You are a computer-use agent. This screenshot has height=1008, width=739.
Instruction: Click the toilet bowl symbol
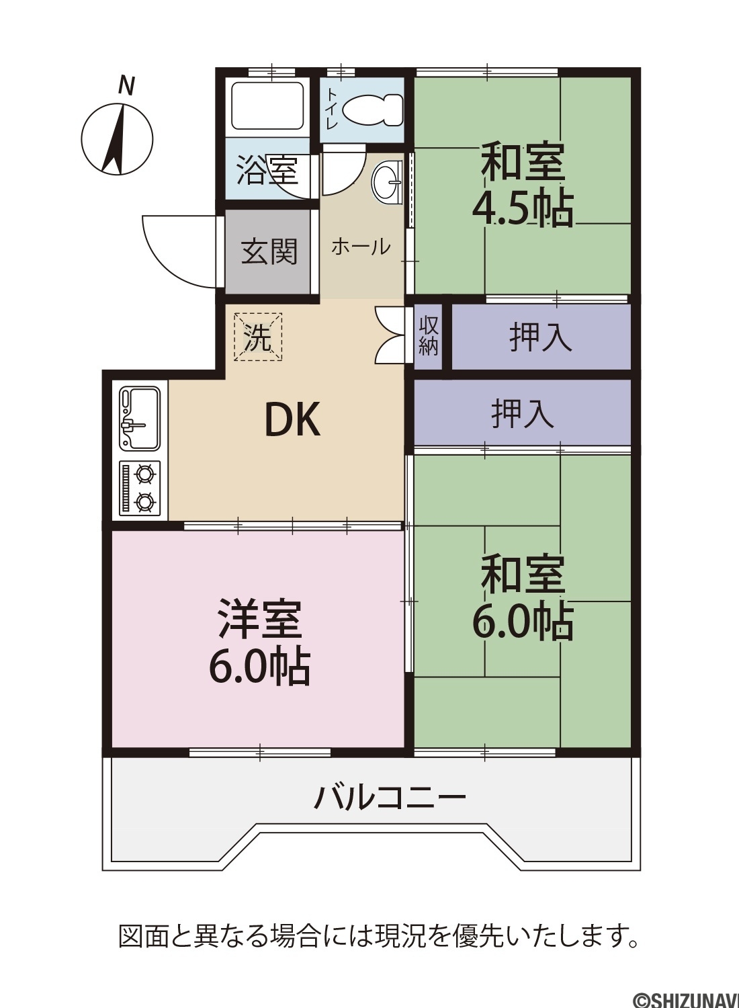(x=372, y=110)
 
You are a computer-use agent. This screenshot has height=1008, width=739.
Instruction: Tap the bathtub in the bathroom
(x=269, y=106)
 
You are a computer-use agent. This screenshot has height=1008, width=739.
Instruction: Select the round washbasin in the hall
(x=386, y=183)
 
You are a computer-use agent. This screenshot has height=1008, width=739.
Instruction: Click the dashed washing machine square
(x=258, y=337)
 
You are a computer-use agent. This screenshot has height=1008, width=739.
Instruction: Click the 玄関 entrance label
(x=269, y=251)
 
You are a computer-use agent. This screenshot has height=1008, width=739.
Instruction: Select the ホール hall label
(x=361, y=247)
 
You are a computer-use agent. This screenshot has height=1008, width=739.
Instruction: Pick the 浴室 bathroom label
(x=267, y=170)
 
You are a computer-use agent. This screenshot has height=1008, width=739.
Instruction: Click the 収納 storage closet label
(x=428, y=337)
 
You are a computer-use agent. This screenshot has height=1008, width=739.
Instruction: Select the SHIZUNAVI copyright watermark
(x=687, y=999)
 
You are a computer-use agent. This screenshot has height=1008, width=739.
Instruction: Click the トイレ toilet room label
(x=333, y=109)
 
